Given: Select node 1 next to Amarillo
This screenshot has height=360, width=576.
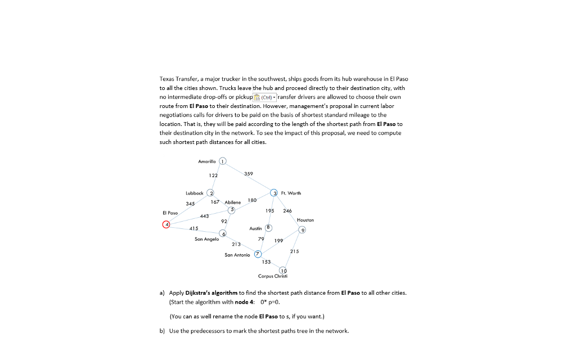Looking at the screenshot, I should (x=223, y=161).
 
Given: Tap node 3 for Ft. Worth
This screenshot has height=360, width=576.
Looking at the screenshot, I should (x=274, y=193).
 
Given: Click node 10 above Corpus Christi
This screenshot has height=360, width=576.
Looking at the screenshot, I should (x=282, y=271).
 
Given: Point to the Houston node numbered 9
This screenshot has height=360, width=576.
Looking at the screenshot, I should (x=303, y=229).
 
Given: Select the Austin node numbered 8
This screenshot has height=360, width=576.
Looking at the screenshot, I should (x=268, y=228).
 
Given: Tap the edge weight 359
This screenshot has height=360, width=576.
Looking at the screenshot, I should (x=249, y=173).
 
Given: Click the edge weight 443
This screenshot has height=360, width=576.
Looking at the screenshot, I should (x=204, y=215).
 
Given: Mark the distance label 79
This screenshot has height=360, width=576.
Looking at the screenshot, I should (x=260, y=239).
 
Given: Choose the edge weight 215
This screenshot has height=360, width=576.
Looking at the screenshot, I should (x=294, y=250).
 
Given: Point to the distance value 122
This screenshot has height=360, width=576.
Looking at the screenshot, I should (x=214, y=176).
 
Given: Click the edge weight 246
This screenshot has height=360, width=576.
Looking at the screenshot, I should (x=287, y=211).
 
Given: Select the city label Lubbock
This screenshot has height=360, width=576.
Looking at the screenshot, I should (x=194, y=193).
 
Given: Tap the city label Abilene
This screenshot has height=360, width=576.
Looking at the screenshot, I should (x=232, y=202).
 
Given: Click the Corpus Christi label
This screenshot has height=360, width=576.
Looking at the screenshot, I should (x=273, y=276).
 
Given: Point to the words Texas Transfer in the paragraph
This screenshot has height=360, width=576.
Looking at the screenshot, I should (x=176, y=79).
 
